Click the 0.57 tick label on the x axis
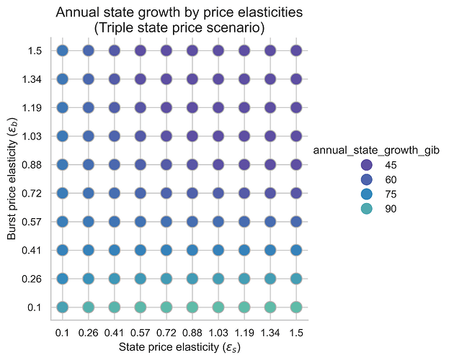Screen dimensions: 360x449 (x=140, y=333)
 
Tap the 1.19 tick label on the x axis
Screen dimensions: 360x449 (x=244, y=333)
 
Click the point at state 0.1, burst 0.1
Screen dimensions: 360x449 (x=62, y=307)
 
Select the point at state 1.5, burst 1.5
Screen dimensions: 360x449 (x=296, y=50)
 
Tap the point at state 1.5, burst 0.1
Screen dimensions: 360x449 (x=296, y=307)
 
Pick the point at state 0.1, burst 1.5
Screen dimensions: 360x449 (x=62, y=50)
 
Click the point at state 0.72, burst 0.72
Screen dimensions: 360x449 (x=166, y=193)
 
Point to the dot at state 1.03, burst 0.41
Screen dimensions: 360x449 (x=218, y=250)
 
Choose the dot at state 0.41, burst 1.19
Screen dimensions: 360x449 (x=114, y=107)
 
